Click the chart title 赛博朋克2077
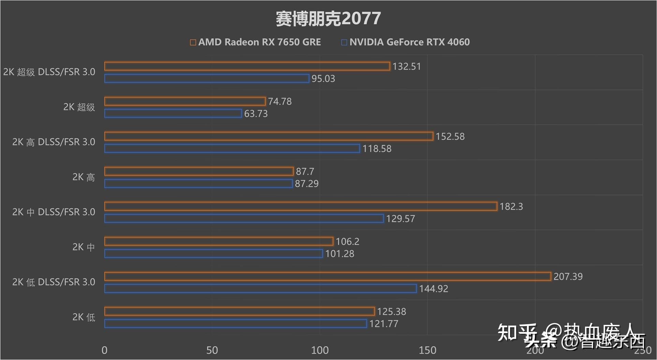point(328,18)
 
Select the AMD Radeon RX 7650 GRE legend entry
point(255,42)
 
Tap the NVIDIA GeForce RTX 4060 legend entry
point(406,42)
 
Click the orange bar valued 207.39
point(327,276)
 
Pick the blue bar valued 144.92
point(260,288)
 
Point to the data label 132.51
point(407,66)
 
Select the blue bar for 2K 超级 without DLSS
point(173,113)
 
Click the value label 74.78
point(280,102)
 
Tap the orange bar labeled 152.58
point(268,136)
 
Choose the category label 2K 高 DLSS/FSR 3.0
point(54,142)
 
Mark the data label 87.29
point(307,184)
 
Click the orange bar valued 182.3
point(301,206)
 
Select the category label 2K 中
point(83,247)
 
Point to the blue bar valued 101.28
point(213,253)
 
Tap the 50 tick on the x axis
point(212,350)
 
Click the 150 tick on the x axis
point(427,350)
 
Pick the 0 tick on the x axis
point(104,350)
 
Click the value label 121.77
point(384,324)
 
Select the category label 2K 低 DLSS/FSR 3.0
point(54,282)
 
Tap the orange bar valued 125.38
point(239,311)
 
